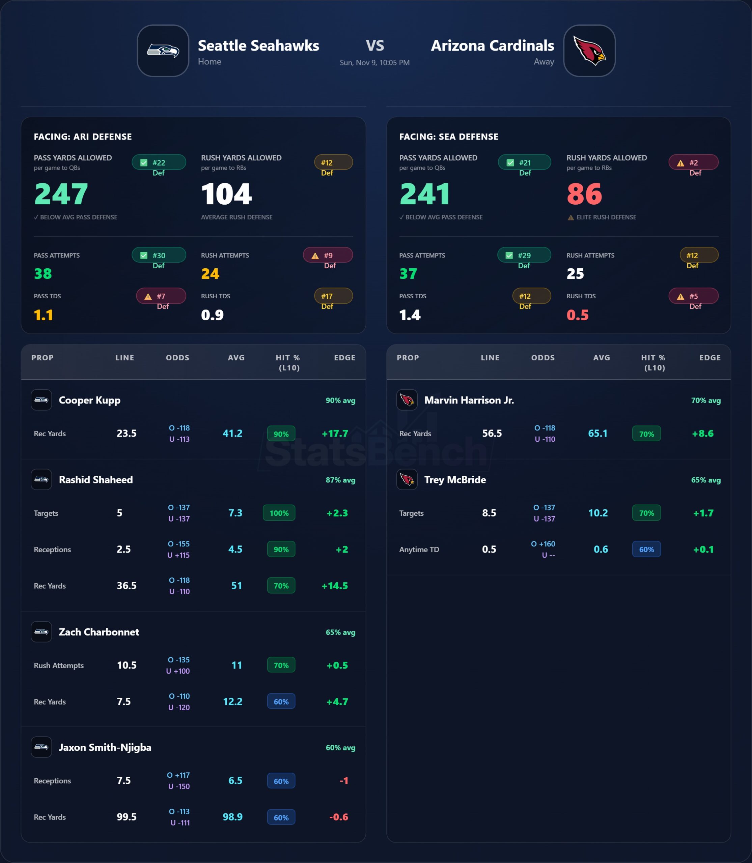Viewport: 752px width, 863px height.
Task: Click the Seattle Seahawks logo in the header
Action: [163, 51]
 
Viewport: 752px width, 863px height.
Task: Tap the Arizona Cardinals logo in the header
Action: [589, 51]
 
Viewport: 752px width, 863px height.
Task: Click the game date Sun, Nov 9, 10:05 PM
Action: [374, 62]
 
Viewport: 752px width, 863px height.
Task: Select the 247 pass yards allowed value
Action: [61, 194]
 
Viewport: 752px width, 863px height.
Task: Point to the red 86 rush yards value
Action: [584, 194]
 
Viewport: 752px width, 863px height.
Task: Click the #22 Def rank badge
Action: [159, 163]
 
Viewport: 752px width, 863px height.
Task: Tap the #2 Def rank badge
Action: [693, 163]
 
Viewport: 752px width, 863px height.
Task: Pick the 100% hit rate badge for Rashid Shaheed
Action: [279, 513]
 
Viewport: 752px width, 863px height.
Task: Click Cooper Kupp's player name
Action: [89, 400]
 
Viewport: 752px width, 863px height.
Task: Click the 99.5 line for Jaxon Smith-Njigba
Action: [126, 817]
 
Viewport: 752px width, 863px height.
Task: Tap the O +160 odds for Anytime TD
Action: [543, 544]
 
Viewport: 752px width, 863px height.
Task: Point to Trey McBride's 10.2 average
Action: [598, 513]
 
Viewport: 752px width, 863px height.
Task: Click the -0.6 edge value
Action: [339, 817]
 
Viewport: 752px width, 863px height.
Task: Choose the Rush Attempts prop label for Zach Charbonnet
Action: [59, 665]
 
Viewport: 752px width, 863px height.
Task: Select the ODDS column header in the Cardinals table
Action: [543, 358]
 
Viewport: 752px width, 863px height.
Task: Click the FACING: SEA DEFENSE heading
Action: [449, 137]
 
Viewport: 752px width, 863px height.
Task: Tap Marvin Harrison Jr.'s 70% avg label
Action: [706, 400]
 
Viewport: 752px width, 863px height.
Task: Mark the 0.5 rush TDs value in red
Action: [578, 315]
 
